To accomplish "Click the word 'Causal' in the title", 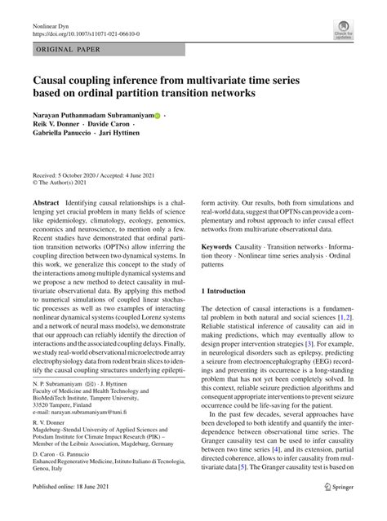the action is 56,80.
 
